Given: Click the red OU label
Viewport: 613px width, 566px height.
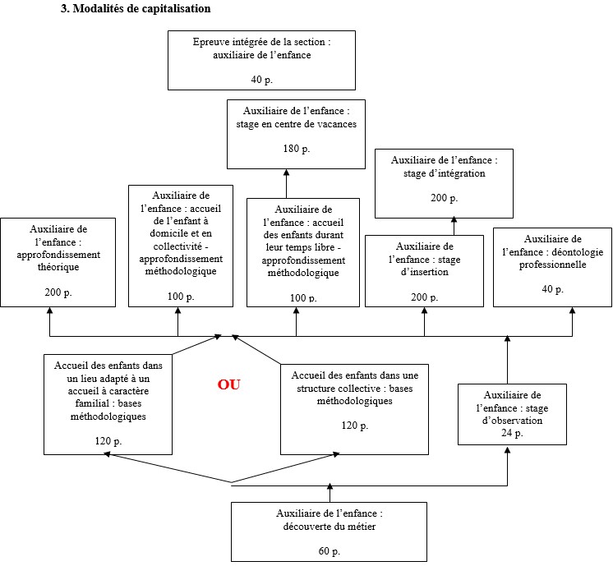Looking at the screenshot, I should click(229, 384).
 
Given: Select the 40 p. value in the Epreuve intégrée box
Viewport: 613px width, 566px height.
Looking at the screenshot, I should click(261, 80).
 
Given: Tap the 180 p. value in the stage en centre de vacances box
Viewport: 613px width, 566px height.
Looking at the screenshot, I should click(296, 150).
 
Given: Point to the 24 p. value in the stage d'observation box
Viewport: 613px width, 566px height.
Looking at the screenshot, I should click(512, 433).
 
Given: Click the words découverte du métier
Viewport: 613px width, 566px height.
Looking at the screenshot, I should click(329, 527).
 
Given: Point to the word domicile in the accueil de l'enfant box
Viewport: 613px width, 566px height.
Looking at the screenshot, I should click(157, 233).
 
